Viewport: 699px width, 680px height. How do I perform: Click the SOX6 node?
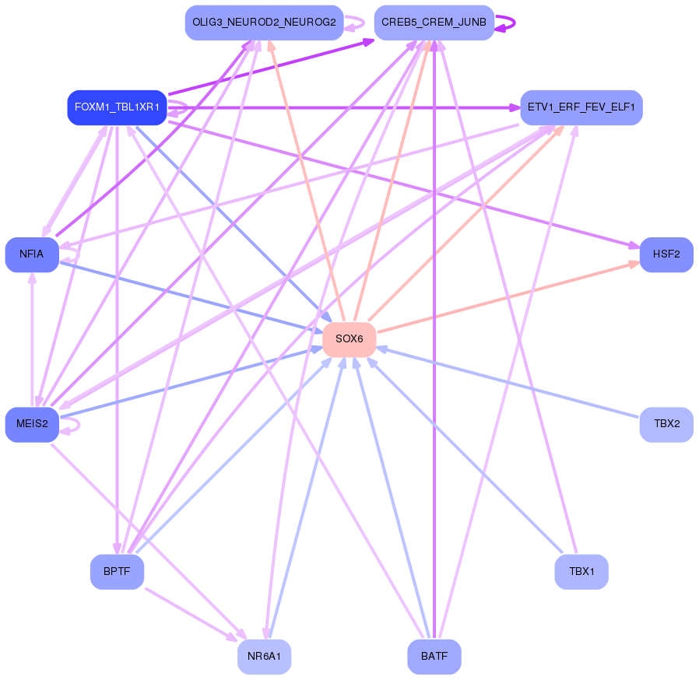pos(349,339)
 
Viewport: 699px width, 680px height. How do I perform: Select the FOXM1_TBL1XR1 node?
pos(118,107)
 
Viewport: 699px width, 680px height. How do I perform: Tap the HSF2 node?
pos(666,254)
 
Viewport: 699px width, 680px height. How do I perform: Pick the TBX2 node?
pos(666,424)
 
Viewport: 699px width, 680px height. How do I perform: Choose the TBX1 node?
pos(581,572)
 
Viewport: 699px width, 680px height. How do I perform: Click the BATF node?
pos(434,657)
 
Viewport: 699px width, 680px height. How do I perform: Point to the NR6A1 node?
pos(265,657)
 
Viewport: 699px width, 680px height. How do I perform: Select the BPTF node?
pos(117,572)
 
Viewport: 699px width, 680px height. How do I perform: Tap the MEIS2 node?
pos(32,424)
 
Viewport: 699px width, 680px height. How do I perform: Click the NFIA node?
pos(32,254)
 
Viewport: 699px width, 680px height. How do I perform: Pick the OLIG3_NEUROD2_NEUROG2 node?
pos(265,23)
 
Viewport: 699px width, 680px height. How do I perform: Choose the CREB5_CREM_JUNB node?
pos(434,23)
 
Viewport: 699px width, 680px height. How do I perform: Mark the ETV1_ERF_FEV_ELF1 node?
pos(581,107)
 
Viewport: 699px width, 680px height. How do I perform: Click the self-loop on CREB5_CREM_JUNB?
pos(506,23)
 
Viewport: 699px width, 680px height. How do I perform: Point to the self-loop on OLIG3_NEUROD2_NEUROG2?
pos(355,23)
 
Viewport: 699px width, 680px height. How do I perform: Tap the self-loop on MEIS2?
pos(70,425)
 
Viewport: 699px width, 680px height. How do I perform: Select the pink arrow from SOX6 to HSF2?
pos(508,296)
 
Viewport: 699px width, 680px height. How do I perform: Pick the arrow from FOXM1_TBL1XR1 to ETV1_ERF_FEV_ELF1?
pos(344,108)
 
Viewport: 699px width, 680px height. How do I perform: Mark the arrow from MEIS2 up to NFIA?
pos(32,339)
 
